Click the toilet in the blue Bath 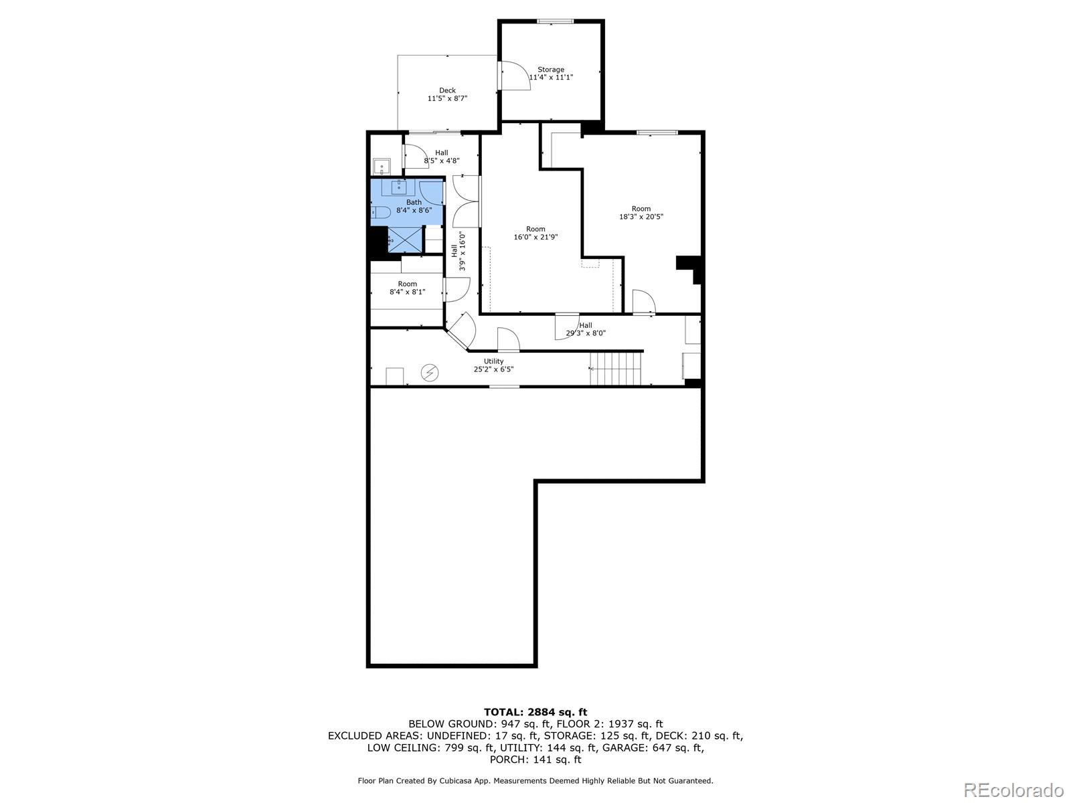click(x=381, y=213)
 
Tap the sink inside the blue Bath click(x=399, y=187)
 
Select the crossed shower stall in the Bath click(x=404, y=240)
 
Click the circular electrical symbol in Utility click(x=429, y=373)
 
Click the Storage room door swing click(x=515, y=76)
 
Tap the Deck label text click(x=447, y=90)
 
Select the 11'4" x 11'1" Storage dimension click(x=551, y=77)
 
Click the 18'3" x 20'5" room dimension click(x=641, y=216)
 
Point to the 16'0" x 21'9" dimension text click(x=535, y=237)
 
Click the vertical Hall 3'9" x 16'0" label click(x=458, y=251)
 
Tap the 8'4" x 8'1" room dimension click(x=408, y=292)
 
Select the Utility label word click(x=493, y=361)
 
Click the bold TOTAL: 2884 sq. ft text click(x=535, y=712)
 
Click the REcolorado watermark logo click(x=1013, y=789)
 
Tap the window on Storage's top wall click(x=556, y=21)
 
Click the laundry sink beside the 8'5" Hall click(x=382, y=167)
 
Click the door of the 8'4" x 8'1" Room click(x=457, y=290)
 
